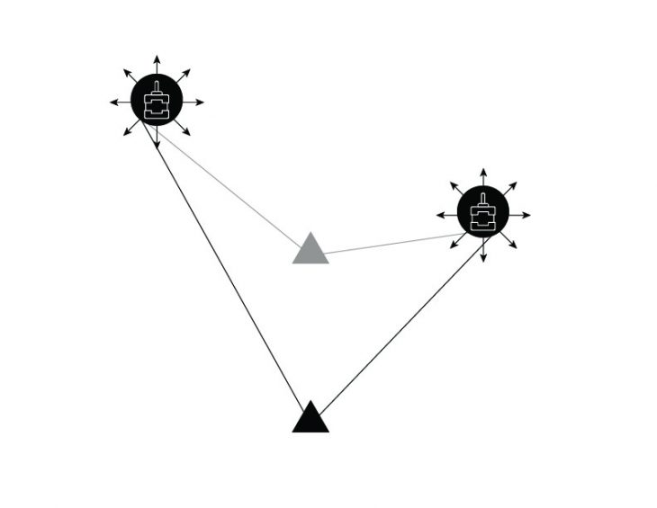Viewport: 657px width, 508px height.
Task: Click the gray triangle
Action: [310, 251]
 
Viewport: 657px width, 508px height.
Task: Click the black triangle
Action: [310, 419]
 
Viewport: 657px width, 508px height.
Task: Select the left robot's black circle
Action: [157, 102]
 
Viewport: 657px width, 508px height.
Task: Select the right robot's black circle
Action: [483, 214]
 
